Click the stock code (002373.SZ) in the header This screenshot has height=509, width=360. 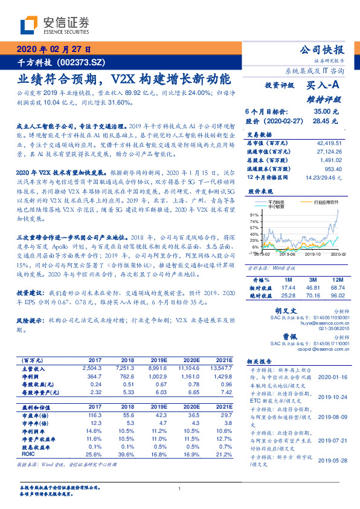80,62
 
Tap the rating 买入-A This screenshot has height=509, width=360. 326,86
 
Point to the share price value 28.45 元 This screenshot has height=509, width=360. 330,122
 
